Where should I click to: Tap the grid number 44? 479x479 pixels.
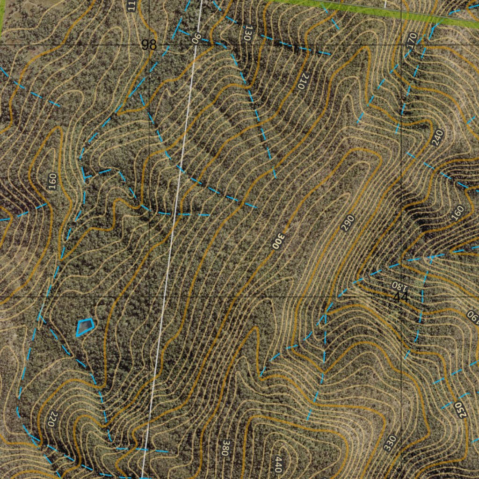click(401, 297)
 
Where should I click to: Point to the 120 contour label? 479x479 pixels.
click(248, 33)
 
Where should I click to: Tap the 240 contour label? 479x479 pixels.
click(438, 138)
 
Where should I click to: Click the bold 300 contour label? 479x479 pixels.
click(278, 240)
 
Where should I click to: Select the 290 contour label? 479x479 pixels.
click(348, 223)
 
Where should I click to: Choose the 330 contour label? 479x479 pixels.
click(390, 443)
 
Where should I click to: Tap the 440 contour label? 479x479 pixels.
click(278, 464)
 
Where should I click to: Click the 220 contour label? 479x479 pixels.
click(53, 419)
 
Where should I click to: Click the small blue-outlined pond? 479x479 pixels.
click(84, 327)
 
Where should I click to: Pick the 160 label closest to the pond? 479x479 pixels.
click(52, 181)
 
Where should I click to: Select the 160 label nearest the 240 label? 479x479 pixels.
click(458, 212)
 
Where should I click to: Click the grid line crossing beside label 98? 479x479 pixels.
click(149, 44)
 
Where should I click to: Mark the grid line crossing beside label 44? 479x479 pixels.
click(401, 297)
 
